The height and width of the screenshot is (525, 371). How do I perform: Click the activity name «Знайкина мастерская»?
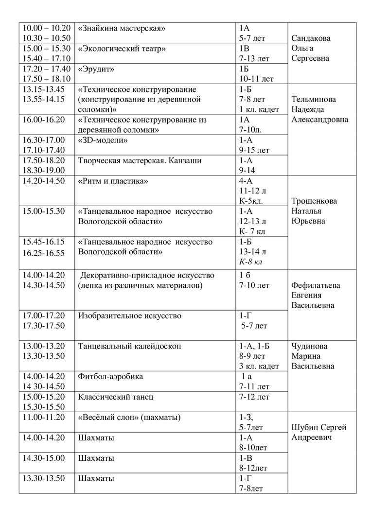point(122,28)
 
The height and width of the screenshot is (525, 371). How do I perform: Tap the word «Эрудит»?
point(96,69)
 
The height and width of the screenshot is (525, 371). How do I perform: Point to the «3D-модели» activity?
point(103,140)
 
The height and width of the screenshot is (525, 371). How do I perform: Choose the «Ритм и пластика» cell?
point(112,181)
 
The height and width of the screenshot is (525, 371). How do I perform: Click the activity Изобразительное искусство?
point(129,316)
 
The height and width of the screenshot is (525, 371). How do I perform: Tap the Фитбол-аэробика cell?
point(110,377)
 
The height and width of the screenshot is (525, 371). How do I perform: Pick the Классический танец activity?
point(116,397)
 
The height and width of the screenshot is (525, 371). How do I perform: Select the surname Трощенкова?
point(314,201)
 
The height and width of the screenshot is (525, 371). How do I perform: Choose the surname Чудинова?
point(309,347)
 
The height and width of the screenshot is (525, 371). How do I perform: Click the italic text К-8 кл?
point(250,262)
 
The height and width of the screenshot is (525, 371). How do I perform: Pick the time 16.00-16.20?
point(44,120)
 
